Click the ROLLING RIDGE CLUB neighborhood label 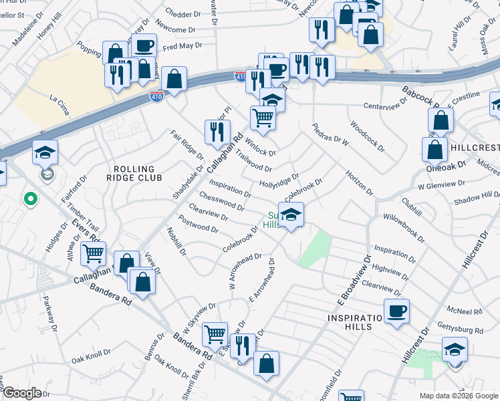pos(134,174)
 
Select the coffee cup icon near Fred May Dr pos(144,46)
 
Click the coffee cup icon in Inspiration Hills pos(396,311)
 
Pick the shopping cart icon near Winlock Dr pos(263,118)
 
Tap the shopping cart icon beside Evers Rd pos(93,253)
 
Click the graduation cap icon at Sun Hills pos(291,215)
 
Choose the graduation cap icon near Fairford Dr pos(45,152)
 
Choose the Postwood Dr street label pos(198,224)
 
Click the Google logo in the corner pos(22,393)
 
